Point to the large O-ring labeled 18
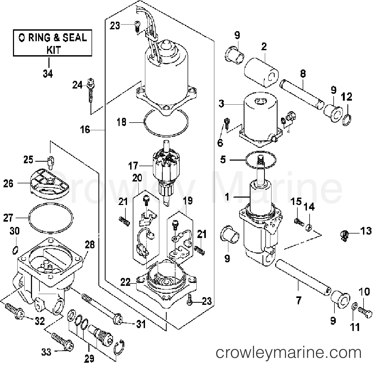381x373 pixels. coord(166,123)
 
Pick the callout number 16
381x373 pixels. coord(85,130)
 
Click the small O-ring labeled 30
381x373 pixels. coord(16,249)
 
